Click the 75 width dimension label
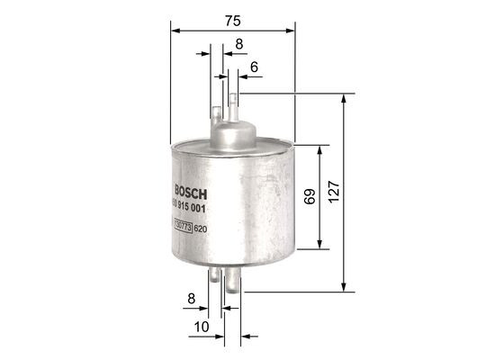(x=232, y=19)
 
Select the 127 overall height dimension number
(x=334, y=191)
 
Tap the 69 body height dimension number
(x=308, y=197)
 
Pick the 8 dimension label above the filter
(x=238, y=42)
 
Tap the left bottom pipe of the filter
(x=216, y=281)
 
